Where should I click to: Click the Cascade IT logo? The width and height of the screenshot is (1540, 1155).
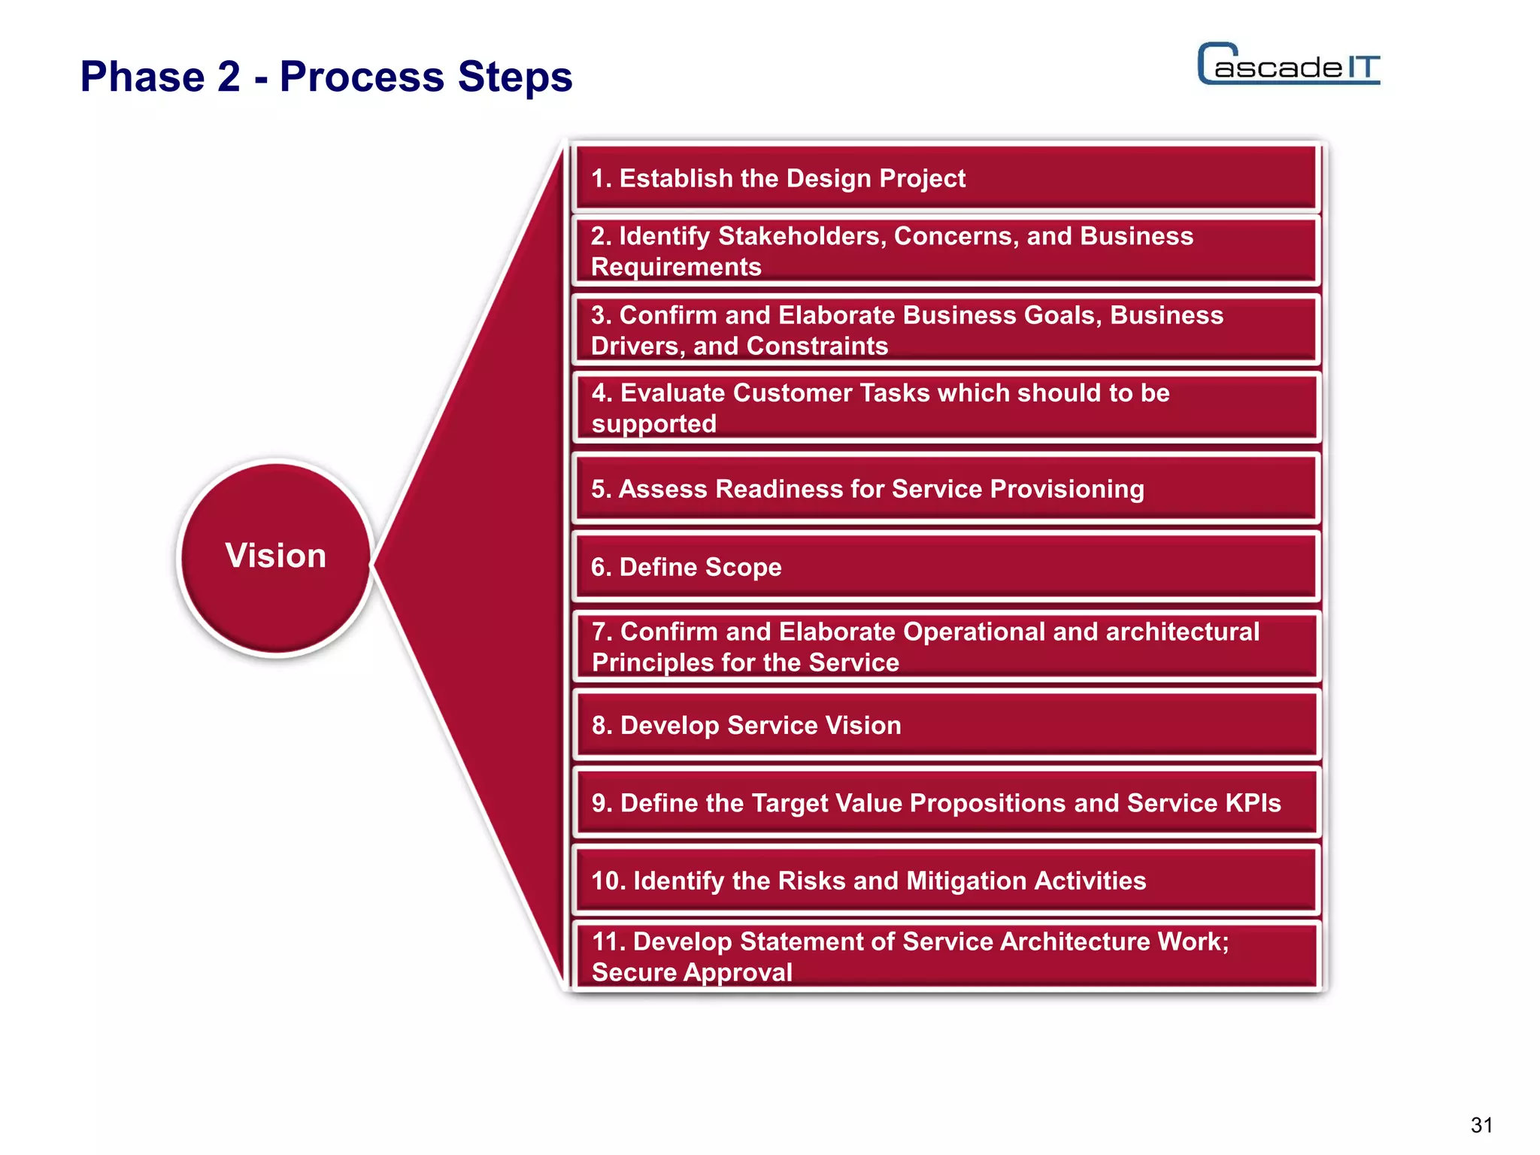pos(1288,65)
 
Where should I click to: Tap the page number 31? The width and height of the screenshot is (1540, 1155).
pos(1481,1125)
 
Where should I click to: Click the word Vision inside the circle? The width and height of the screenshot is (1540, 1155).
pos(275,556)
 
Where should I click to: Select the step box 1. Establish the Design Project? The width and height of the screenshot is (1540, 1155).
pos(944,179)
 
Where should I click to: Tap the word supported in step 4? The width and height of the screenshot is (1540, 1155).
pos(653,424)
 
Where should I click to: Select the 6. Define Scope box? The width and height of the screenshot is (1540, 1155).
pos(944,567)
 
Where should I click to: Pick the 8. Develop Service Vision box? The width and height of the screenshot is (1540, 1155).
pos(944,726)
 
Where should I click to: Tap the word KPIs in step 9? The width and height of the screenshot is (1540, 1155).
pos(1253,803)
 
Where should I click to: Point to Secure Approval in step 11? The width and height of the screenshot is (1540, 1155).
pos(692,972)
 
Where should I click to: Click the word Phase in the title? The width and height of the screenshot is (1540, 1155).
pos(142,77)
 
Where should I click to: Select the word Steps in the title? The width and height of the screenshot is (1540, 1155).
pos(514,77)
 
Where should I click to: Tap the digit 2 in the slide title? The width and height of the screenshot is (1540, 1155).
pos(229,77)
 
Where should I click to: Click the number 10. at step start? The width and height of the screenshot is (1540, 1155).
pos(608,881)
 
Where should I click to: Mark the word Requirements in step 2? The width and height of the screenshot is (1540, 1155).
pos(676,267)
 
